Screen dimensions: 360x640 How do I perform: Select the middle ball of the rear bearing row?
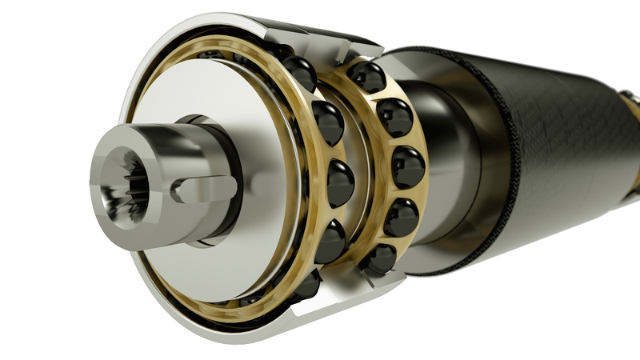click(407, 167)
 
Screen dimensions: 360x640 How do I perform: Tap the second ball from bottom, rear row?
click(400, 216)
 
